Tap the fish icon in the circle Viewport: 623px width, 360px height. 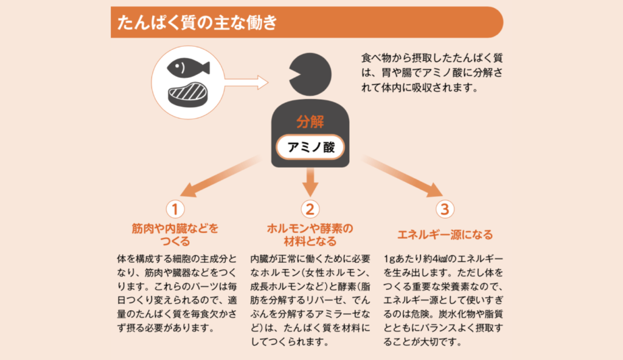(x=187, y=67)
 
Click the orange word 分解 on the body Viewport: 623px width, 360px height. (x=310, y=122)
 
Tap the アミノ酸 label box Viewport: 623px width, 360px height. (x=310, y=147)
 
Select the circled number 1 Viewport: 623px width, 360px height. (x=175, y=209)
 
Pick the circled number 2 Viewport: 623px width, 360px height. (x=310, y=209)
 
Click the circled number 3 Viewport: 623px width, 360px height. (x=445, y=209)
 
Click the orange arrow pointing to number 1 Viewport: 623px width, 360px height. (x=220, y=176)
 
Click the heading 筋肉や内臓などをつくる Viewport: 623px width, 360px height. (x=175, y=235)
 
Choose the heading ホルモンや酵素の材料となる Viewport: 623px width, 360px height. (x=310, y=235)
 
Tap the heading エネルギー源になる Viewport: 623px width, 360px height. (x=445, y=235)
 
